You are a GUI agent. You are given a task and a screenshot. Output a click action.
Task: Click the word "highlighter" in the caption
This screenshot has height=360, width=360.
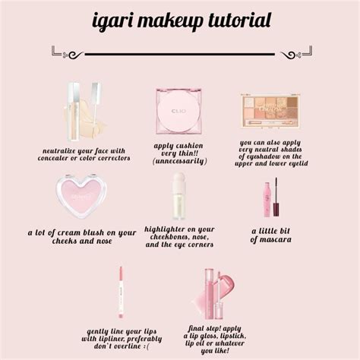point(165,230)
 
